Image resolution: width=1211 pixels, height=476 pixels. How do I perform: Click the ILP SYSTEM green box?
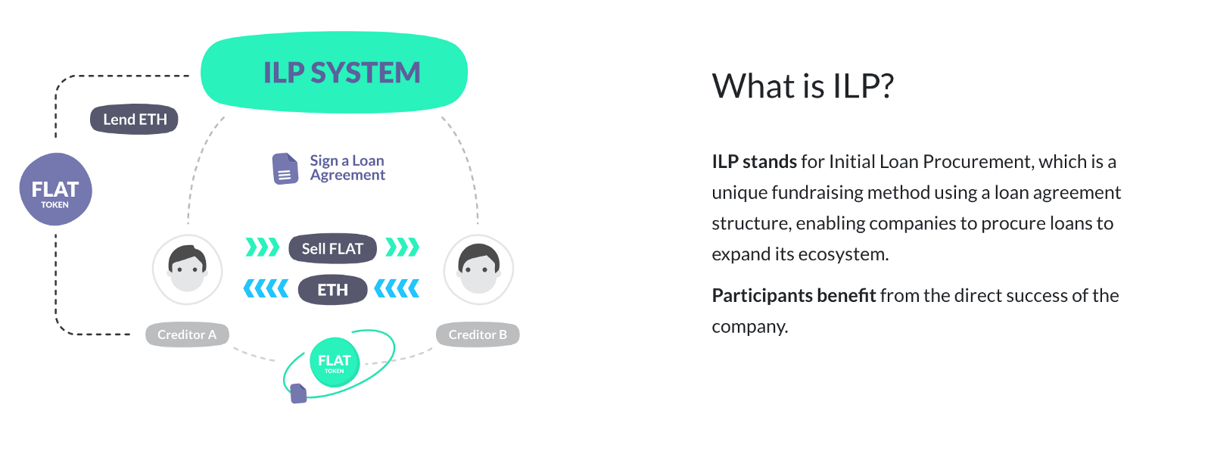tap(334, 73)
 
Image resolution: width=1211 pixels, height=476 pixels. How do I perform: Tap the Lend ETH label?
tap(134, 120)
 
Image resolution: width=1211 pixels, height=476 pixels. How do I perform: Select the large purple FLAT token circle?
tap(55, 189)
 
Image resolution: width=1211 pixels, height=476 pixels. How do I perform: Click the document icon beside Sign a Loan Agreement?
tap(285, 169)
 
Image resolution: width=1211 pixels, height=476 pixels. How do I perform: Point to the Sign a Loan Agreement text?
tap(347, 168)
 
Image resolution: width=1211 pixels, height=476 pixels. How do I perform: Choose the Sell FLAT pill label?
tap(332, 248)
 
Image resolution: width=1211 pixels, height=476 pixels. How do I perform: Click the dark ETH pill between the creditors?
tap(332, 290)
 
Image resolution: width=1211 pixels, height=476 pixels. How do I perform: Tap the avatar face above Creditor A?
tap(187, 269)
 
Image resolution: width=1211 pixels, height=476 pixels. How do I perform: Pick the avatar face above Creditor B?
tap(478, 269)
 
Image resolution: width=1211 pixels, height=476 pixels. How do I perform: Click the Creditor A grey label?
tap(187, 334)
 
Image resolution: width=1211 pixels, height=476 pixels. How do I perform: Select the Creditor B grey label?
tap(478, 334)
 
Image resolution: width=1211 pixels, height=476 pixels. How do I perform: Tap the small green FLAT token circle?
tap(335, 362)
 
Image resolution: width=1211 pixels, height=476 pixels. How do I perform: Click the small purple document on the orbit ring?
tap(298, 394)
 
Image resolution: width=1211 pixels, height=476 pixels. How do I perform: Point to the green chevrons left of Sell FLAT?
tap(263, 247)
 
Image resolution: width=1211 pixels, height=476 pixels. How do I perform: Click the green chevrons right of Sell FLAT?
tap(402, 247)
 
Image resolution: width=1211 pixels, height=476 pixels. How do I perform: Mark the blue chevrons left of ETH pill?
tap(266, 289)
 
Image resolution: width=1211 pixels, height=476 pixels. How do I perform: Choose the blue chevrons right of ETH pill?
tap(397, 289)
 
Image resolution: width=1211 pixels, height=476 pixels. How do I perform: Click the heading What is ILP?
tap(802, 86)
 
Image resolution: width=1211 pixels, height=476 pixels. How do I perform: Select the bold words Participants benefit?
tap(793, 296)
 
